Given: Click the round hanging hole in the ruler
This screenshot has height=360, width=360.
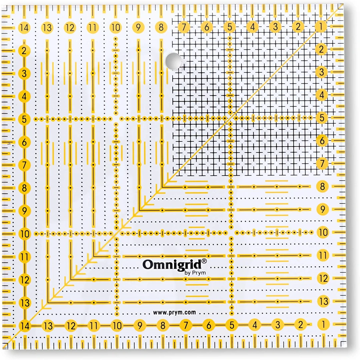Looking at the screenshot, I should [173, 60].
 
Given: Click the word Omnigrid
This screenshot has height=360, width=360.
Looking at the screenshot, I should [172, 264].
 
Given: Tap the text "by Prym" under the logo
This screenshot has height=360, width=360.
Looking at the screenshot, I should [195, 273].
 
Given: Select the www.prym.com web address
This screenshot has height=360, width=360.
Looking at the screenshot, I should [174, 313].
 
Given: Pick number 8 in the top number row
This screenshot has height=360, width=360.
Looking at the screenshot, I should [161, 27].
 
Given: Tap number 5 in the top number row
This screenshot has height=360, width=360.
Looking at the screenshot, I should [230, 27].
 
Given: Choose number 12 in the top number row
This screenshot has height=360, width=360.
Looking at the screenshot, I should [70, 28].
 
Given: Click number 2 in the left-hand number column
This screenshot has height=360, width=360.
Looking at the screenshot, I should [24, 51].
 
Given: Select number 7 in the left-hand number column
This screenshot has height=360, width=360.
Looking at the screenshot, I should [24, 165].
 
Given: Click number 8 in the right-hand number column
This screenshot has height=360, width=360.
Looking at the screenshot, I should [322, 186].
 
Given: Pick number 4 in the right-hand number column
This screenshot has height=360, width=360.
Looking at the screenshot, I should [322, 95].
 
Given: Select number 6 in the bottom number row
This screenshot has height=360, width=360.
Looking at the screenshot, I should [209, 325].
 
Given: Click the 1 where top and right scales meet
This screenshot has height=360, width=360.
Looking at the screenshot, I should [321, 27].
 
